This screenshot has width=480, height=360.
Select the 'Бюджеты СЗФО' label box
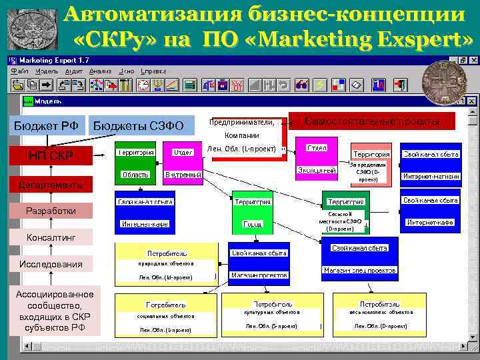tap(139, 125)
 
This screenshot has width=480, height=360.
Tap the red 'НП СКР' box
tap(51, 156)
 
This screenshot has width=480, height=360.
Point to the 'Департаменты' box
tap(51, 185)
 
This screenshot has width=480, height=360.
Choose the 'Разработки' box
tap(51, 211)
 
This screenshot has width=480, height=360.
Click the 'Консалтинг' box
tap(51, 237)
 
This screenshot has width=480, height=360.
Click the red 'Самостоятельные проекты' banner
tap(372, 121)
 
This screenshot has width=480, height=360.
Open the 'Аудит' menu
tap(75, 70)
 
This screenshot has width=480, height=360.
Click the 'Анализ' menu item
tap(100, 70)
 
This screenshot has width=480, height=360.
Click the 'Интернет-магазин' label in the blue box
tap(430, 177)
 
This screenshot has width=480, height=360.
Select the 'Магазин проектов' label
tap(259, 275)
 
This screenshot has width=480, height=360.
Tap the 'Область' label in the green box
tap(135, 175)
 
